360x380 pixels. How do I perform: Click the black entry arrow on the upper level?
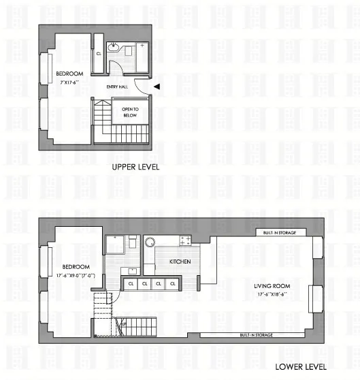pos(157,86)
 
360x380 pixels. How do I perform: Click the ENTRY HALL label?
pos(117,86)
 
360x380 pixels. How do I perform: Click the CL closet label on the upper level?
pos(98,52)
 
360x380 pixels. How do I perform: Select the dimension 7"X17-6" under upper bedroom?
pos(71,82)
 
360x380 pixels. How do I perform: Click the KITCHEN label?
pos(180,262)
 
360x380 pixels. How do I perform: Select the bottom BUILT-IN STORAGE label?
pos(255,335)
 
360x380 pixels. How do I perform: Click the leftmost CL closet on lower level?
pos(130,283)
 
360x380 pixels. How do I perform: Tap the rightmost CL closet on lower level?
pos(173,283)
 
